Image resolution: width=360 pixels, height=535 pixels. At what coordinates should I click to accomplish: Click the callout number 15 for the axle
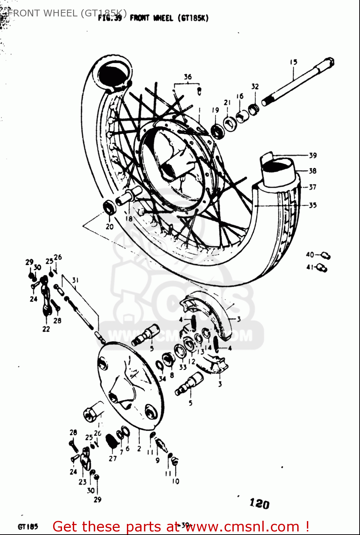[293, 62]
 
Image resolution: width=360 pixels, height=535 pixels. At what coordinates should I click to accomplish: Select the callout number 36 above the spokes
[187, 77]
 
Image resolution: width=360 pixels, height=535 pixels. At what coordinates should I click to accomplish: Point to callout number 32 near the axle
[255, 87]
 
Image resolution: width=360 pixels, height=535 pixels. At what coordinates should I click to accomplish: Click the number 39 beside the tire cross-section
[313, 155]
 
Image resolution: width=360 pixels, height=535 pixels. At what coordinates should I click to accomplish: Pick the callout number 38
[313, 171]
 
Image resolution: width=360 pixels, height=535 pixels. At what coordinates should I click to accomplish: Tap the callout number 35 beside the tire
[313, 205]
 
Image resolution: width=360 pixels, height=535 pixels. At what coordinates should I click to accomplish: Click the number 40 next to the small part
[310, 255]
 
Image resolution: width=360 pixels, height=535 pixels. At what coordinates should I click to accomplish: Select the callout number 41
[310, 267]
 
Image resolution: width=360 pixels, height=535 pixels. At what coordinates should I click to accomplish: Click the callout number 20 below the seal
[109, 226]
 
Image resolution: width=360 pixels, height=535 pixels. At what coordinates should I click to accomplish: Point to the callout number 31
[75, 280]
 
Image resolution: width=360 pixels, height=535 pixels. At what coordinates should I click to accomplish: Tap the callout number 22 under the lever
[46, 329]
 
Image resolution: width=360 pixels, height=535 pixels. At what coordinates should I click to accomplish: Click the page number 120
[259, 504]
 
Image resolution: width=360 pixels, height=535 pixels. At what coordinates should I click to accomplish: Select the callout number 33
[183, 367]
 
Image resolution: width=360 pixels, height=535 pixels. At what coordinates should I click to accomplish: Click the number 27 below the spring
[113, 458]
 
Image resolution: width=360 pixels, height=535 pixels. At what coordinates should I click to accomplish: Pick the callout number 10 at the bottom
[176, 481]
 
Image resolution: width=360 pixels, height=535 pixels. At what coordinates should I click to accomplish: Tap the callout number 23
[82, 482]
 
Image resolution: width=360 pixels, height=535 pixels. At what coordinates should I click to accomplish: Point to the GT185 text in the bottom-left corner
[28, 526]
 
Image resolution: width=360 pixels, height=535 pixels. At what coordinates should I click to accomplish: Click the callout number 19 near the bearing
[215, 110]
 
